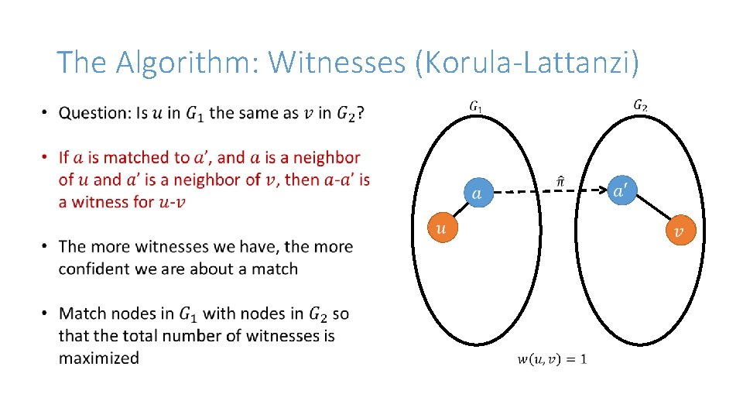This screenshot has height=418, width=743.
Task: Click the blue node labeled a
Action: pyautogui.click(x=477, y=193)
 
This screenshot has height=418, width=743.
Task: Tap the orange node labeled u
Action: pyautogui.click(x=441, y=228)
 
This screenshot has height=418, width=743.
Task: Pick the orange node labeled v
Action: pyautogui.click(x=680, y=231)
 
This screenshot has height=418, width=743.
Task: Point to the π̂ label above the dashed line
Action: pyautogui.click(x=560, y=181)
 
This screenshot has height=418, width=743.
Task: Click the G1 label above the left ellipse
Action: pyautogui.click(x=475, y=106)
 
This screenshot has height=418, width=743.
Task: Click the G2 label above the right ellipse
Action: pyautogui.click(x=640, y=104)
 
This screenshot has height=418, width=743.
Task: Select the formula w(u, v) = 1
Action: pyautogui.click(x=552, y=358)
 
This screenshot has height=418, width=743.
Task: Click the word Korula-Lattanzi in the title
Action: pyautogui.click(x=527, y=62)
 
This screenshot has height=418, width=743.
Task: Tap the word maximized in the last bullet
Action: pyautogui.click(x=99, y=358)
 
